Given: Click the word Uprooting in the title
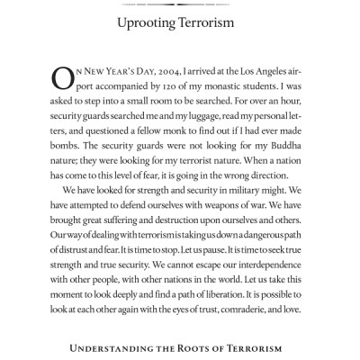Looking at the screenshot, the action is tap(148, 20).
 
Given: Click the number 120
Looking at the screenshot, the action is tap(167, 90).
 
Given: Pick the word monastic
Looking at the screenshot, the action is tap(214, 90).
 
